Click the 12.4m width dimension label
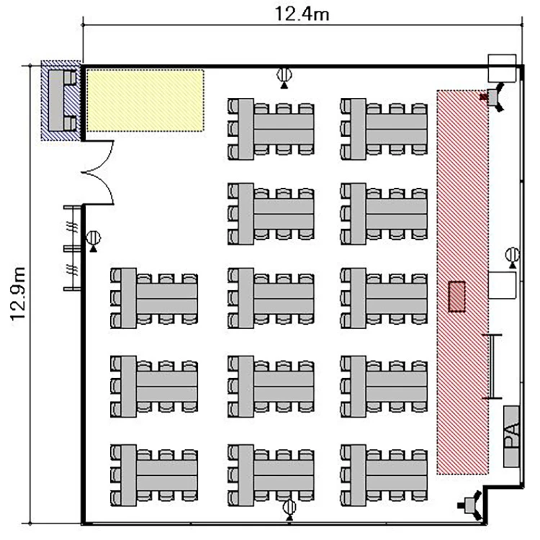pos(302,14)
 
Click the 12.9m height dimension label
pos(17,294)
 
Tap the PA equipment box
pos(511,436)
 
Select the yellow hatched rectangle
pos(145,100)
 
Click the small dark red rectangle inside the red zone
pos(456,297)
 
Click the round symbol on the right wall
pos(513,257)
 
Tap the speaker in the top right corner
pos(495,96)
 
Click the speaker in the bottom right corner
pos(470,505)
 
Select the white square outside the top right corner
pos(502,68)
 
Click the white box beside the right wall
pos(502,285)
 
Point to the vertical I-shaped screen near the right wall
pos(492,366)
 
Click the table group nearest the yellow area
pos(271,129)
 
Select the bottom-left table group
pos(154,475)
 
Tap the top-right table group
pos(384,129)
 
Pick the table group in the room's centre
pos(271,298)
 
